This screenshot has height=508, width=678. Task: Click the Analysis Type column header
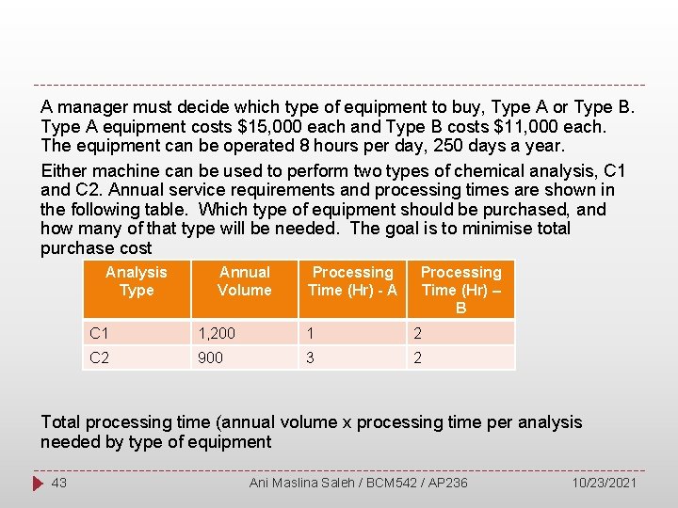tap(137, 281)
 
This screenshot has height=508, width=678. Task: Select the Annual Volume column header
tap(244, 281)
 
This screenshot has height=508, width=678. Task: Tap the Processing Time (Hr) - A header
tap(353, 281)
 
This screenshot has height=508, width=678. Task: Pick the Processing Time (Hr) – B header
tap(460, 290)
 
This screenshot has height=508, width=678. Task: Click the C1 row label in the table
tap(100, 332)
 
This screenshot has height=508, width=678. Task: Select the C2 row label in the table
tap(100, 357)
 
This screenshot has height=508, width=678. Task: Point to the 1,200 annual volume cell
tap(215, 332)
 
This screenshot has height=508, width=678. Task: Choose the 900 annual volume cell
tap(209, 357)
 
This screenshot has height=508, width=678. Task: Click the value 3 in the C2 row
tap(310, 357)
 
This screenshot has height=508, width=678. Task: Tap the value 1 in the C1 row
tap(310, 332)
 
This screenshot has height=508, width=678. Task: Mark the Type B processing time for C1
tap(418, 332)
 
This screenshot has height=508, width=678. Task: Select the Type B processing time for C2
tap(418, 357)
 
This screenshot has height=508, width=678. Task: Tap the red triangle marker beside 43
tap(39, 483)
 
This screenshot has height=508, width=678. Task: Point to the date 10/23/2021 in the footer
tap(605, 483)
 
